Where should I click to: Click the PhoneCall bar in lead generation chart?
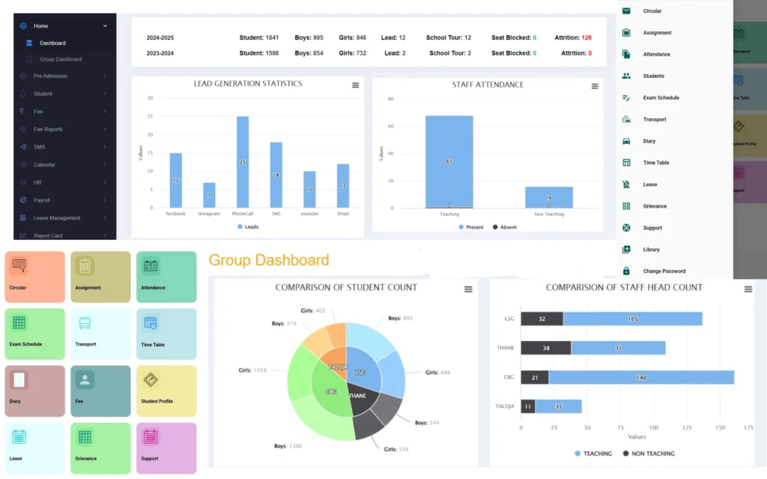click(x=243, y=162)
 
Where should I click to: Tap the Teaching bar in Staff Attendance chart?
click(x=449, y=161)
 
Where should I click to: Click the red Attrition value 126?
click(x=586, y=37)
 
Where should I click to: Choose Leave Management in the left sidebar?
click(x=57, y=218)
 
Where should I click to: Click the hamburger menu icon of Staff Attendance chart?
click(x=595, y=86)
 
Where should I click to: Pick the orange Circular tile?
click(x=35, y=277)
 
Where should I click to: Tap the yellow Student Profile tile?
click(x=166, y=391)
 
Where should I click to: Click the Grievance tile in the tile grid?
click(x=100, y=448)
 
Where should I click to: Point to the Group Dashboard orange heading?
click(x=268, y=260)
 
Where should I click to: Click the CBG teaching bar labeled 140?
click(x=641, y=377)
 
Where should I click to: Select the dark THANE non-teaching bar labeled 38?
click(x=545, y=348)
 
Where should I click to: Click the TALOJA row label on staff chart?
click(x=505, y=406)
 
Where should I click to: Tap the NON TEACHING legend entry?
click(x=649, y=454)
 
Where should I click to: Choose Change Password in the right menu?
click(x=664, y=271)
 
